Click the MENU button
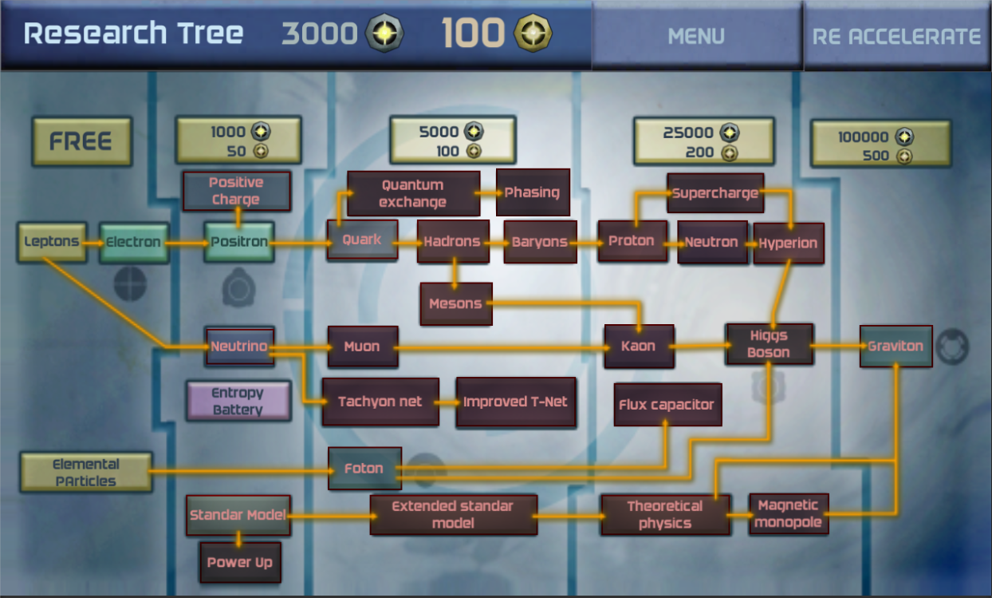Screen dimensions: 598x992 (696, 36)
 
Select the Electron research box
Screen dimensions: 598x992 (134, 243)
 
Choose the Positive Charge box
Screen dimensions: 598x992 (235, 191)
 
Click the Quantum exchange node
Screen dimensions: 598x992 (413, 193)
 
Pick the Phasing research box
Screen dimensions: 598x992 (533, 192)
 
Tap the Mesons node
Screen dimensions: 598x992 (456, 304)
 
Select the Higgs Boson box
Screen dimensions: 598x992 (769, 344)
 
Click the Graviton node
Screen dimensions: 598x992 (896, 346)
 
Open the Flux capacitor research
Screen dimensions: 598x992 (667, 405)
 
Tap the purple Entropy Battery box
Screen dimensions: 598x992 (238, 401)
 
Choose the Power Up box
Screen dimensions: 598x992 (240, 562)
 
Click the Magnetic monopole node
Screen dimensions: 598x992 (788, 514)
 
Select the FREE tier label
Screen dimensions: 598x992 (81, 141)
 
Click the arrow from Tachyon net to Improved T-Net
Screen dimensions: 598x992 (447, 402)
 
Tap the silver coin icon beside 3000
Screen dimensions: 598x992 (384, 34)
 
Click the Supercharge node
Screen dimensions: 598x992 (715, 193)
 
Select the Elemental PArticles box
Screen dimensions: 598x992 (86, 473)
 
